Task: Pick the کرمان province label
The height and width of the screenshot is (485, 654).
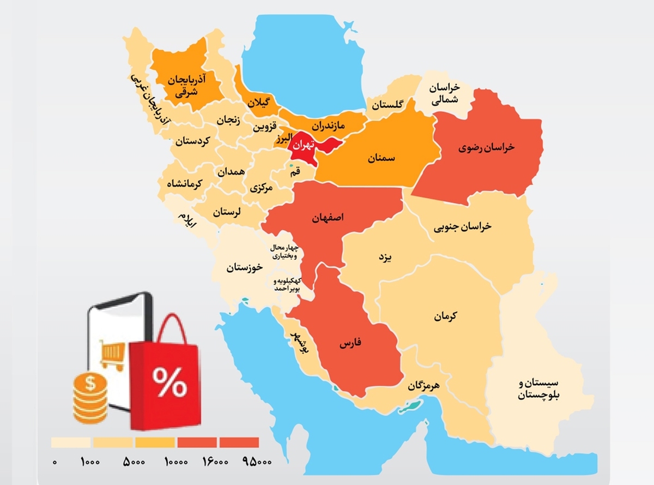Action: pos(446,316)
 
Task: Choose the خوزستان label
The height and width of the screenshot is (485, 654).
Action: pos(245,267)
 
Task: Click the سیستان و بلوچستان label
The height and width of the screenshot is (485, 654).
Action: pos(539,389)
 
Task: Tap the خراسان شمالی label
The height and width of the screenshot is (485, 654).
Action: pos(444,94)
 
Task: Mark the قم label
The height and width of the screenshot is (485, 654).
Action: pos(295,172)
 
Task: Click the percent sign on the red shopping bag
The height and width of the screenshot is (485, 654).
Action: pos(168,382)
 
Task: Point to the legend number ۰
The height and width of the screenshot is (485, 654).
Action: pos(55,462)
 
